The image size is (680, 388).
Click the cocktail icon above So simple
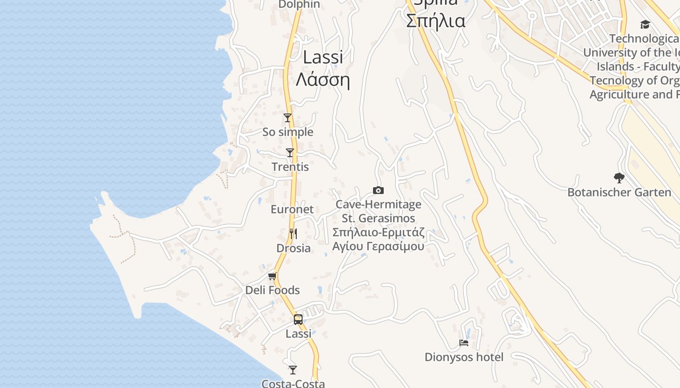288,118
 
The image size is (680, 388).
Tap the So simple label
288,132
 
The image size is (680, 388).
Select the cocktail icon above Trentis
290,153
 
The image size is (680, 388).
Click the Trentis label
290,167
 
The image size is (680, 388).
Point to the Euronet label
292,210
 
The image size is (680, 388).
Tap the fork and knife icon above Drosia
293,234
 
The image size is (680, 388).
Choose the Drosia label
293,248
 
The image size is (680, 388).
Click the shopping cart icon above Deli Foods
272,276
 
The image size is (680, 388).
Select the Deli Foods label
272,290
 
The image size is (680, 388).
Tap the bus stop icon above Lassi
298,320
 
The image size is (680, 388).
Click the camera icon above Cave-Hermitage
378,190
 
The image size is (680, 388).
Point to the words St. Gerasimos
378,218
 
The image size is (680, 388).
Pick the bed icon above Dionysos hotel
464,343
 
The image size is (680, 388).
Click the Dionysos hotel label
464,357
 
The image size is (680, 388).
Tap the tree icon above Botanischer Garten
619,178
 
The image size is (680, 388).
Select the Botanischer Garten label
619,193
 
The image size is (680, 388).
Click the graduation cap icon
645,24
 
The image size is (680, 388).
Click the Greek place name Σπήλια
435,21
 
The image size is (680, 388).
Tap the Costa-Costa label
293,383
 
